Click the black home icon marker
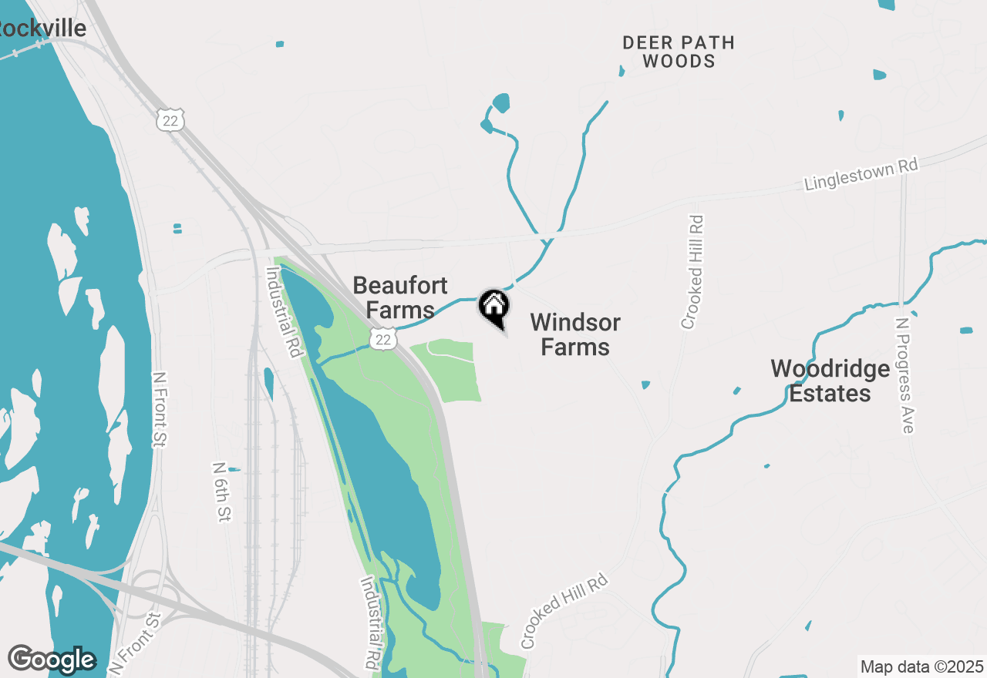pyautogui.click(x=494, y=307)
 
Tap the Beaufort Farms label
pyautogui.click(x=400, y=297)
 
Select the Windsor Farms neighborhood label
pyautogui.click(x=575, y=334)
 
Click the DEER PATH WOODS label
pyautogui.click(x=679, y=52)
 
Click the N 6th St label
pyautogui.click(x=221, y=492)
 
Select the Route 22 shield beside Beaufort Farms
pyautogui.click(x=383, y=339)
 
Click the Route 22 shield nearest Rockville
pyautogui.click(x=170, y=119)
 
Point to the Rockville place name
pyautogui.click(x=42, y=29)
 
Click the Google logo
pyautogui.click(x=52, y=660)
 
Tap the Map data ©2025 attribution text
pyautogui.click(x=921, y=666)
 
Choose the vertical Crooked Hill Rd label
pyautogui.click(x=692, y=271)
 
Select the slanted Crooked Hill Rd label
pyautogui.click(x=564, y=611)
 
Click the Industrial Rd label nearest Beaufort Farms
pyautogui.click(x=282, y=311)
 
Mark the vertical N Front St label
pyautogui.click(x=160, y=409)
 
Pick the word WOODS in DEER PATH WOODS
pyautogui.click(x=679, y=62)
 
